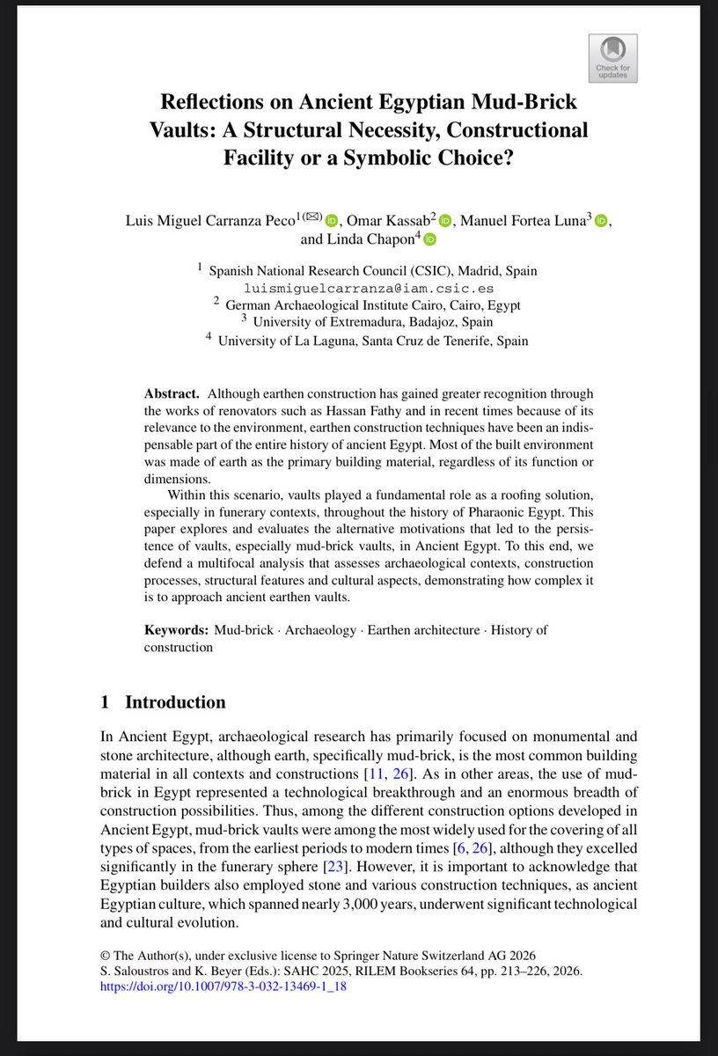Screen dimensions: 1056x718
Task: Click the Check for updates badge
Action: pyautogui.click(x=612, y=57)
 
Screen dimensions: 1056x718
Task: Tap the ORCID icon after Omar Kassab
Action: pyautogui.click(x=444, y=219)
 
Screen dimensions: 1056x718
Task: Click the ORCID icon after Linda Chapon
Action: pyautogui.click(x=429, y=239)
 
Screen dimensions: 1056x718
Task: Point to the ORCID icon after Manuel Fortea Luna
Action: pyautogui.click(x=601, y=219)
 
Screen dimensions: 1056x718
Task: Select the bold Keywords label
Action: pyautogui.click(x=176, y=630)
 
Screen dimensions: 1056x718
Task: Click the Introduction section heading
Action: pyautogui.click(x=174, y=702)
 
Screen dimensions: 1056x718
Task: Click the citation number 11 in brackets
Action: pyautogui.click(x=375, y=774)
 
